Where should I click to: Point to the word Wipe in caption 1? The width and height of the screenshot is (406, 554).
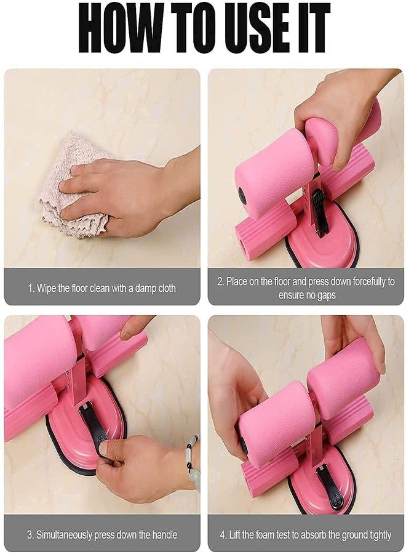tap(46, 288)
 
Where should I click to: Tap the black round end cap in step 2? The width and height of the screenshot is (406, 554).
tap(242, 195)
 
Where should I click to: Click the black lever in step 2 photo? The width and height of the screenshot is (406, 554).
tap(319, 211)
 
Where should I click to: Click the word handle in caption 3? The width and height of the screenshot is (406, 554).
tap(164, 534)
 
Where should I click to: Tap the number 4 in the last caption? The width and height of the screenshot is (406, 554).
tap(223, 534)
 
